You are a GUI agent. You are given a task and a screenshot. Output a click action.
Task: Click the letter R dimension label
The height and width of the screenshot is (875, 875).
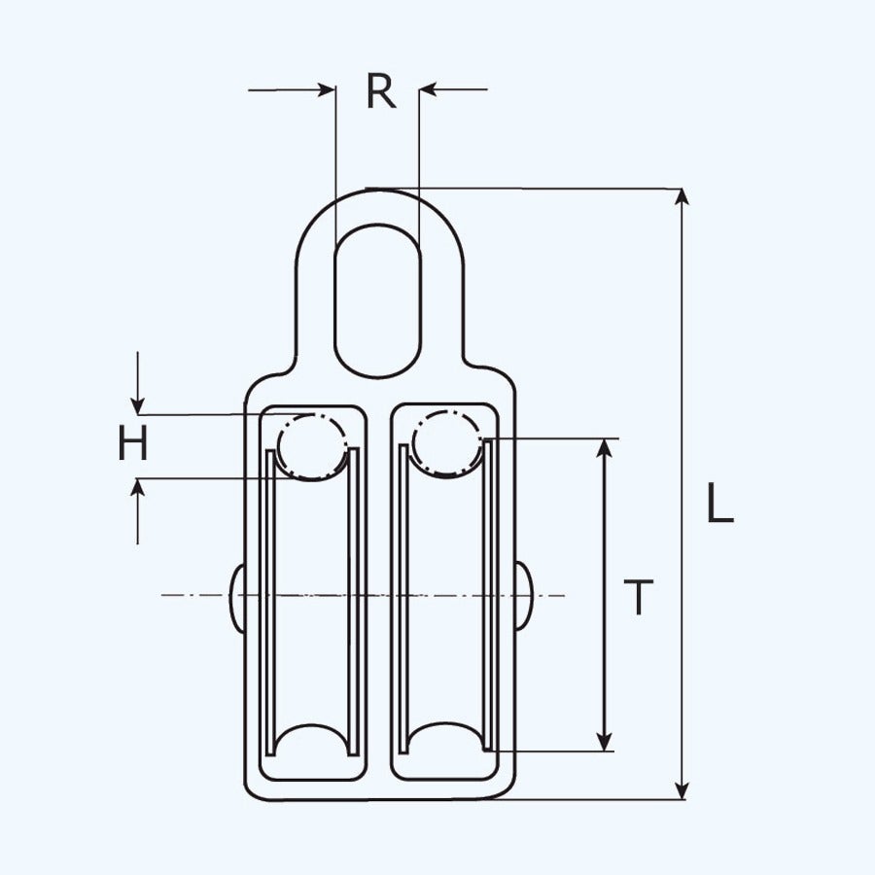click(381, 91)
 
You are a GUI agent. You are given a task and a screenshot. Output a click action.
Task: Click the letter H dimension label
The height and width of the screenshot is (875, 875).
click(133, 445)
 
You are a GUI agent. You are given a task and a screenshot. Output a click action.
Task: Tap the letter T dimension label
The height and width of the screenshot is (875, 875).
click(638, 597)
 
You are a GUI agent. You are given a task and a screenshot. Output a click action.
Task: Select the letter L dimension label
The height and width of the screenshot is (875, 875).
click(718, 506)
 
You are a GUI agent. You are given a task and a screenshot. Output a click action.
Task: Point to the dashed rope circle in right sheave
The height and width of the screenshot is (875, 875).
click(446, 443)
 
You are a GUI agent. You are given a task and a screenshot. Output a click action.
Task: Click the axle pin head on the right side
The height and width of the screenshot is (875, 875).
click(523, 595)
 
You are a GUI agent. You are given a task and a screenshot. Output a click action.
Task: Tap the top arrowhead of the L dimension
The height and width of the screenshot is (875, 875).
click(683, 197)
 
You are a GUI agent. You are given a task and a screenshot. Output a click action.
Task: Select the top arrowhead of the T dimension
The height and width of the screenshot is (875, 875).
click(606, 448)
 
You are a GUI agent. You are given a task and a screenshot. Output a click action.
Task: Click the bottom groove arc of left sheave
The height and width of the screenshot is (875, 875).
click(311, 739)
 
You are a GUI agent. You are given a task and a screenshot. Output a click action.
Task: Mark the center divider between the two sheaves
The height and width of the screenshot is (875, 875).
click(379, 593)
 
